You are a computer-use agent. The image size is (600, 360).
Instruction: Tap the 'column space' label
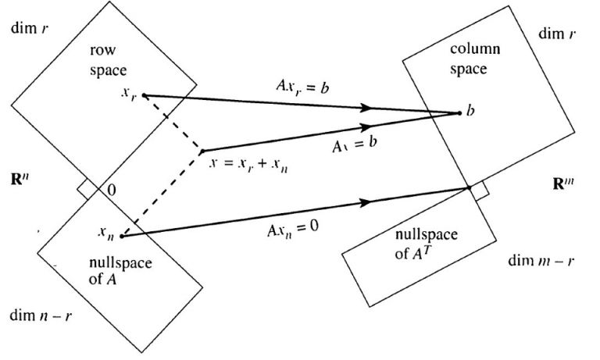[x=468, y=59]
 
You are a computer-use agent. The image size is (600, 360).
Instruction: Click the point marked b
[x=459, y=112]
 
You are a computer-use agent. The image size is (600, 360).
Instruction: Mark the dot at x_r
[x=143, y=96]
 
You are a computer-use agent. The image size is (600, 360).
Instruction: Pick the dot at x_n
[x=122, y=234]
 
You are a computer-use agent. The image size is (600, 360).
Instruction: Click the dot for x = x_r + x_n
[x=202, y=150]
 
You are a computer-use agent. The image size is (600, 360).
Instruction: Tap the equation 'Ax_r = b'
[x=299, y=86]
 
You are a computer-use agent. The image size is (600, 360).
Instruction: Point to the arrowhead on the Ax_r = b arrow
[x=375, y=108]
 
